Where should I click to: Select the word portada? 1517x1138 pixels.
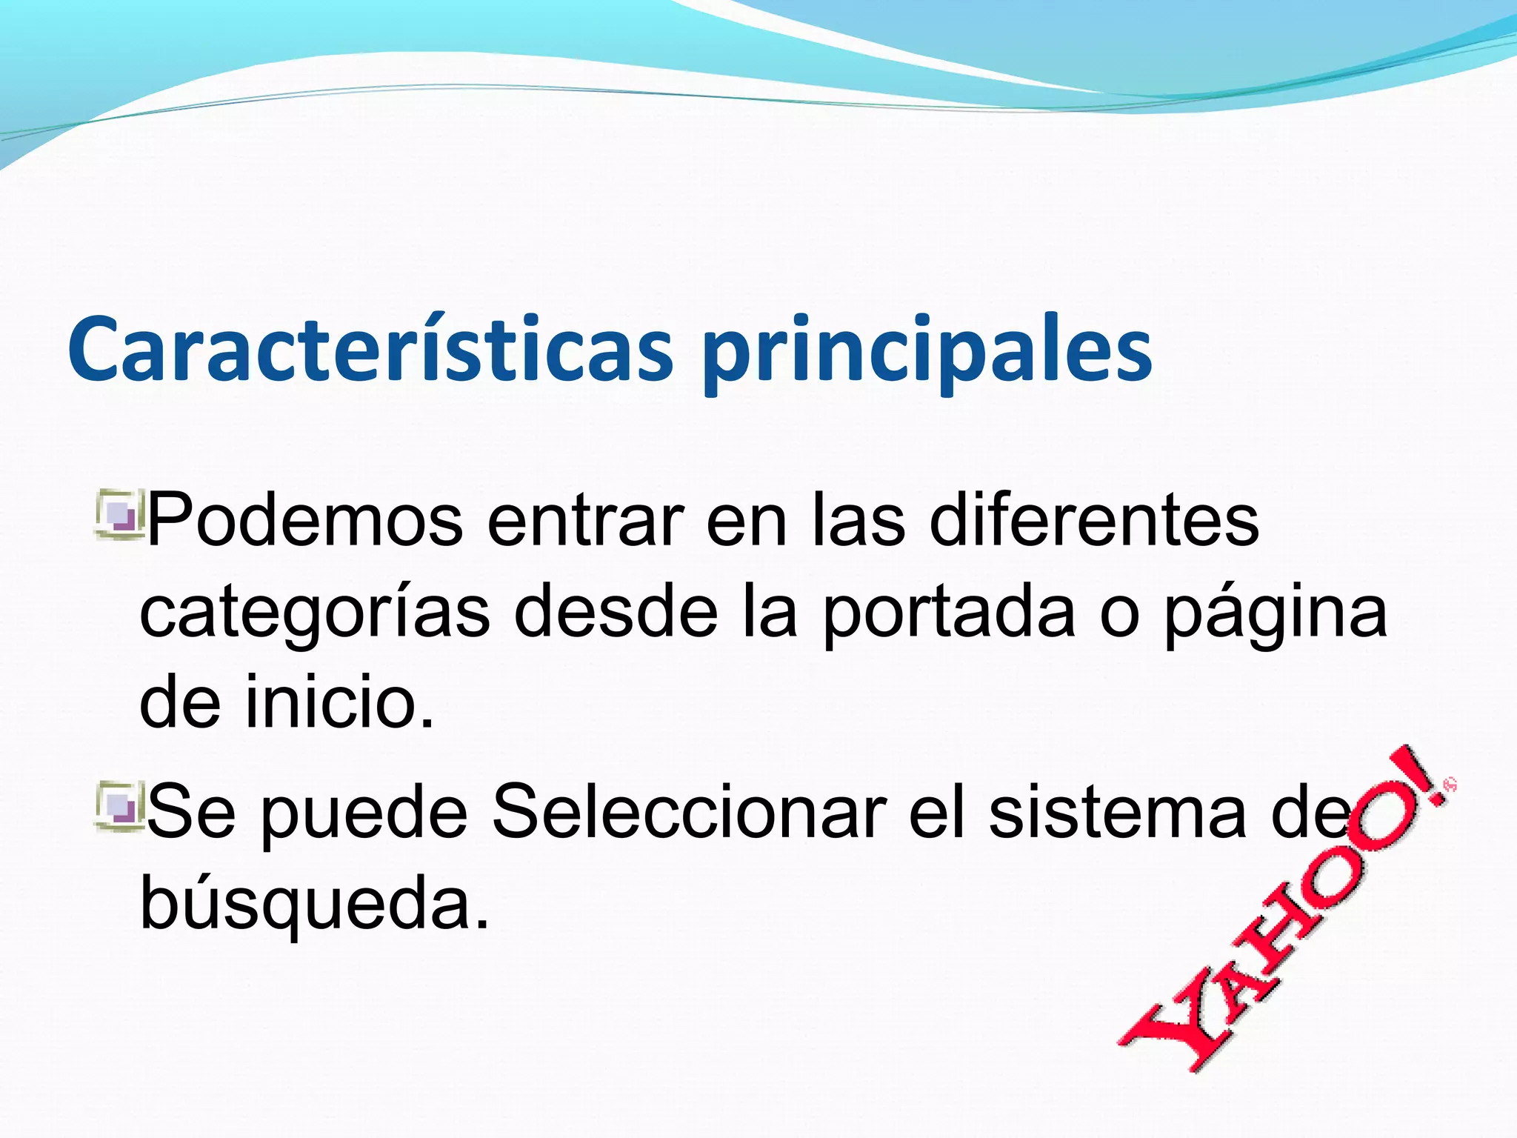click(x=949, y=615)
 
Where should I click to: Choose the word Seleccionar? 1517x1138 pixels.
click(x=689, y=813)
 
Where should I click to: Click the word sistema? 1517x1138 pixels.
click(x=1118, y=813)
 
